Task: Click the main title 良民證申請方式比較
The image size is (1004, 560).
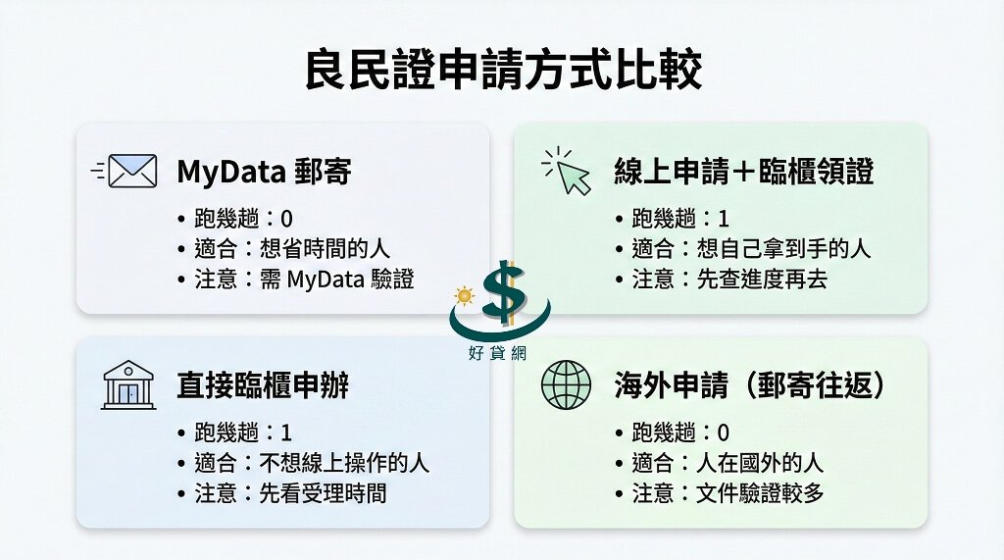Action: (502, 71)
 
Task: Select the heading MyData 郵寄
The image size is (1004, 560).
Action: (264, 172)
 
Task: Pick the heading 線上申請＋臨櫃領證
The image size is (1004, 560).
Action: (743, 172)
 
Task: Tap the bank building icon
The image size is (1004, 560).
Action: (127, 383)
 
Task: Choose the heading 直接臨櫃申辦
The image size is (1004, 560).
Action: (263, 384)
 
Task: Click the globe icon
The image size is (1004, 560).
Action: (566, 384)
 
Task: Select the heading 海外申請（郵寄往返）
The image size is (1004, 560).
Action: (750, 384)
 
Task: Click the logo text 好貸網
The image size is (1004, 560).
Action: (501, 355)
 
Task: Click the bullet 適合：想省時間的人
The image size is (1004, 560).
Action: (291, 249)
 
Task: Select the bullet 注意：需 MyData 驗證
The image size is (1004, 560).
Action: (304, 280)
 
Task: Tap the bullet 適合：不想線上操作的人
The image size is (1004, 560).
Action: (312, 462)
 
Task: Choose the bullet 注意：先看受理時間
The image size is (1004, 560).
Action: (290, 492)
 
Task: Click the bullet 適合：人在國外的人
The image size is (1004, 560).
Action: (728, 462)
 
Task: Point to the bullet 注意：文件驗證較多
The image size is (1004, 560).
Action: (728, 492)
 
